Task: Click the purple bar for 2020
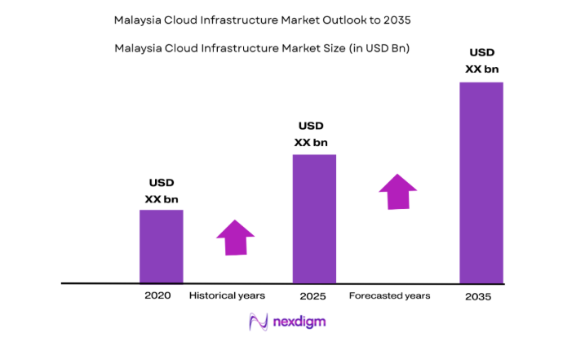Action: [x=161, y=247]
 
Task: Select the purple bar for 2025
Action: [x=314, y=219]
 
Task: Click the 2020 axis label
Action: [x=157, y=296]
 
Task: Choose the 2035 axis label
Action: [x=478, y=296]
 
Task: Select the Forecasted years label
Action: [x=389, y=296]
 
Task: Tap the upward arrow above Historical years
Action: [x=236, y=238]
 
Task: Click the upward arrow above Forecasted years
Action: [x=397, y=191]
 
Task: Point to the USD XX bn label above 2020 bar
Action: [x=162, y=191]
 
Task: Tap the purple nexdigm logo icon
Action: [x=259, y=322]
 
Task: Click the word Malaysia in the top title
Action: [x=138, y=18]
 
